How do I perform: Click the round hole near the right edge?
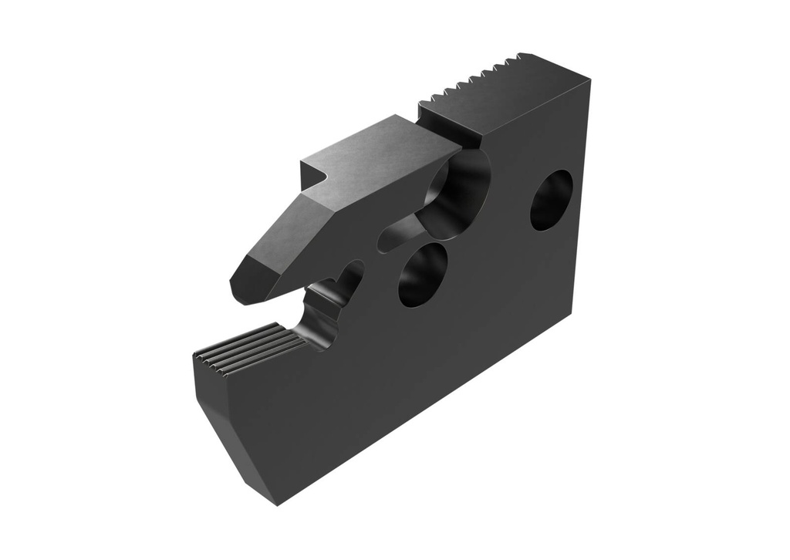point(551,200)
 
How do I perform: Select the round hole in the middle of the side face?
point(423,274)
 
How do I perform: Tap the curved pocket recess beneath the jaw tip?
point(328,309)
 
